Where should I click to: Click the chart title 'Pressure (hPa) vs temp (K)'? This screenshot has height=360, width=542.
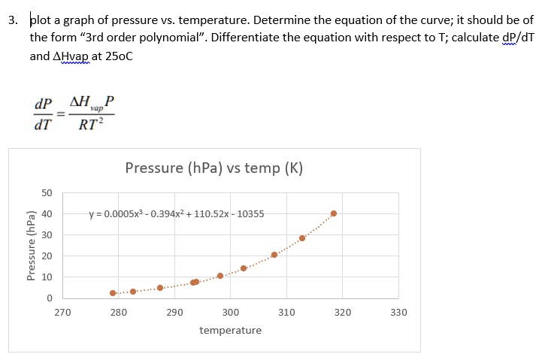point(214,168)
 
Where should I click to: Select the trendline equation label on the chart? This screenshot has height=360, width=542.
point(176,213)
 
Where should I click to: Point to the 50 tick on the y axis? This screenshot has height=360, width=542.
point(46,193)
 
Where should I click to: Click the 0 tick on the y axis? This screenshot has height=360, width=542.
point(48,298)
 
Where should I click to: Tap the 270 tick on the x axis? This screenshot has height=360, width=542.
point(63,312)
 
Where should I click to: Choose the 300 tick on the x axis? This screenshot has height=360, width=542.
point(231,312)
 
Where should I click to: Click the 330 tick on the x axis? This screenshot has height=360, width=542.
point(398,312)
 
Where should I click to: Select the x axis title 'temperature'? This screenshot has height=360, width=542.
point(231,331)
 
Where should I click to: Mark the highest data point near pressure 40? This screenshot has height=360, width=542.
point(334,213)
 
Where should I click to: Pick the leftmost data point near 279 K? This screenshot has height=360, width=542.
point(113,293)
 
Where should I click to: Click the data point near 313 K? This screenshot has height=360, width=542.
point(302,238)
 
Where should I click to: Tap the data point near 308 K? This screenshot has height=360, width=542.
point(274,255)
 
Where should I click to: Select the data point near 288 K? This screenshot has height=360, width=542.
point(160,288)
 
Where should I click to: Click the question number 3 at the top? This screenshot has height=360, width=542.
point(14,20)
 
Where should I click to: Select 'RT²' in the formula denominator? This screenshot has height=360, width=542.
point(89,126)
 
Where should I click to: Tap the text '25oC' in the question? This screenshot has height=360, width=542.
point(116,56)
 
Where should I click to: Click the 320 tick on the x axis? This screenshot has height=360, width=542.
point(343,312)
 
